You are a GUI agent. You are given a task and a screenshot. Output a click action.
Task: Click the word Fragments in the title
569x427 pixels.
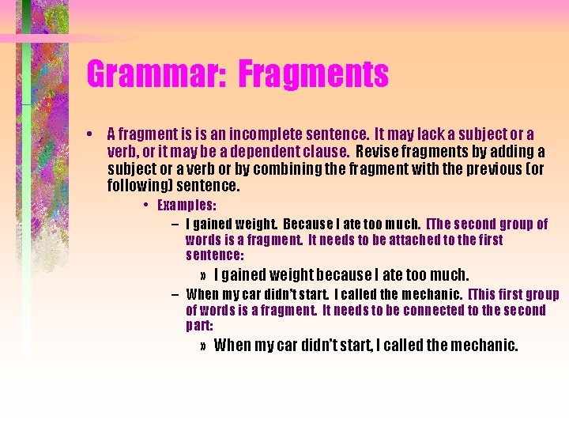[x=313, y=75]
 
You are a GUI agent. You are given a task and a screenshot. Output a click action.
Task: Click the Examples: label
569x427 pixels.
[x=187, y=206]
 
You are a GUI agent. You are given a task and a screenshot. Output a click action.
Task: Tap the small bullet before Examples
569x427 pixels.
[x=148, y=206]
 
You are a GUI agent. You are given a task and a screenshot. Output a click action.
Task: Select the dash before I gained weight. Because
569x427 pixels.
[x=174, y=224]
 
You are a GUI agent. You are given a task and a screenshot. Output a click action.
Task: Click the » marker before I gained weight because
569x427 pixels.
[x=204, y=276]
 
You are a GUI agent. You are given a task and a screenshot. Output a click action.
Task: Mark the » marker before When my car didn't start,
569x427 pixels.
[x=204, y=346]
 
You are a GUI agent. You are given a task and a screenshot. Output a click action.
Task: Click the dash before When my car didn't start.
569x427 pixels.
[x=174, y=294]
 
